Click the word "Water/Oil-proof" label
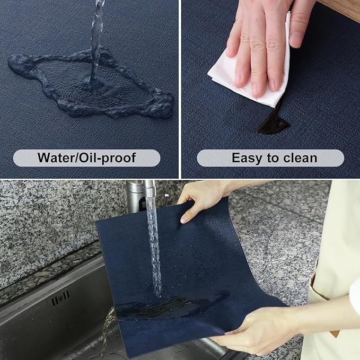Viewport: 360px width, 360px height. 86,157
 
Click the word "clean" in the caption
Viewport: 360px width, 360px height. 300,157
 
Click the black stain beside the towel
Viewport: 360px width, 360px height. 274,123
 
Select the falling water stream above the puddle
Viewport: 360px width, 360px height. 97,32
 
